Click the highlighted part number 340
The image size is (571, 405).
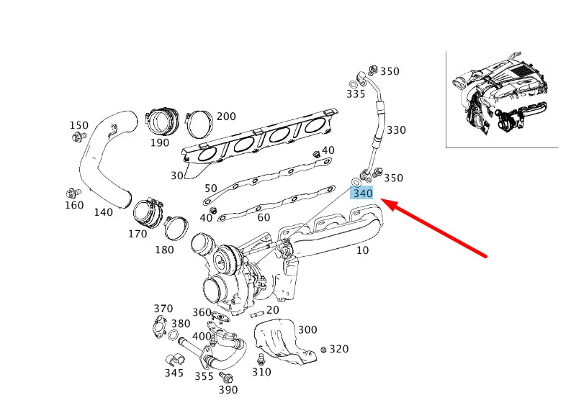(x=362, y=193)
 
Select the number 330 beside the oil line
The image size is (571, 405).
(x=396, y=130)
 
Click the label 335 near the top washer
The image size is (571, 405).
(x=356, y=94)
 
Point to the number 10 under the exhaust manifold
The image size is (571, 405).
(x=361, y=250)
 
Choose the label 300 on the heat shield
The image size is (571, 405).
(x=307, y=329)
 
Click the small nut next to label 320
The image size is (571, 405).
(x=323, y=350)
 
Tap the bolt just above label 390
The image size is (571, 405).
(x=228, y=377)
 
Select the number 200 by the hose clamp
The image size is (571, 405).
(x=226, y=117)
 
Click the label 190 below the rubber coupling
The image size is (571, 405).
(x=160, y=142)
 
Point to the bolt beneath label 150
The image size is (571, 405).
(x=81, y=136)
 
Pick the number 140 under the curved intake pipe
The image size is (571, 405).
(x=104, y=212)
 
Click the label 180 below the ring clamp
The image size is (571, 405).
(x=164, y=250)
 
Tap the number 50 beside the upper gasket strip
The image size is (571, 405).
(x=210, y=188)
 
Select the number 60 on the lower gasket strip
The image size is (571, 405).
(x=264, y=217)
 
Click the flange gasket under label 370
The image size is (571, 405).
(x=159, y=327)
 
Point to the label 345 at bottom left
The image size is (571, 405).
(x=174, y=373)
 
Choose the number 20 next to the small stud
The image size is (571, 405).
(x=272, y=310)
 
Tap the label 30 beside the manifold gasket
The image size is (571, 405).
(x=177, y=176)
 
